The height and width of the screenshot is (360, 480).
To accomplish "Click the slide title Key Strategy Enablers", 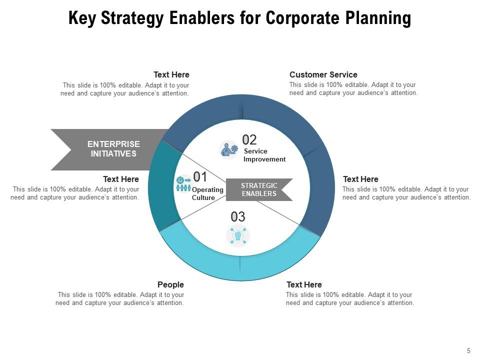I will (239, 18).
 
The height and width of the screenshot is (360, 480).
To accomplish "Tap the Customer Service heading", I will (323, 74).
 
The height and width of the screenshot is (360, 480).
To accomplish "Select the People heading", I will (170, 284).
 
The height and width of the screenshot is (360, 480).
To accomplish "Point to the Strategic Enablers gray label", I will (258, 189).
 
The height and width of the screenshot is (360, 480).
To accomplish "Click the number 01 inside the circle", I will (200, 176).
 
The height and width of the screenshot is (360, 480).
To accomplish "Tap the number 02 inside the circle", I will (249, 139).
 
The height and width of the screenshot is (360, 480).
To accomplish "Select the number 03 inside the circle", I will (238, 216).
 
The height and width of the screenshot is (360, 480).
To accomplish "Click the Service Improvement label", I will (264, 155).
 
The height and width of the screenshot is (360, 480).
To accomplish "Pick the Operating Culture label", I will (207, 193).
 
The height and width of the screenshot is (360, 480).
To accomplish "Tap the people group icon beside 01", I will (183, 184).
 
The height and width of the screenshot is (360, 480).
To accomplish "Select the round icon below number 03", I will (238, 236).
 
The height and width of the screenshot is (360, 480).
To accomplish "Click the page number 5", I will (468, 351).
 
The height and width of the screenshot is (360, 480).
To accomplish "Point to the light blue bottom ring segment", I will (240, 265).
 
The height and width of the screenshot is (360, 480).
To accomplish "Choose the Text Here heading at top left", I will (171, 74).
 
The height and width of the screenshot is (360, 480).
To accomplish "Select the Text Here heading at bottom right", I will (304, 284).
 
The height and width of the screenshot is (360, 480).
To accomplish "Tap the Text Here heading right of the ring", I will (360, 179).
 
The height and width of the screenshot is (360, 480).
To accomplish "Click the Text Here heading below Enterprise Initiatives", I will (121, 179).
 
